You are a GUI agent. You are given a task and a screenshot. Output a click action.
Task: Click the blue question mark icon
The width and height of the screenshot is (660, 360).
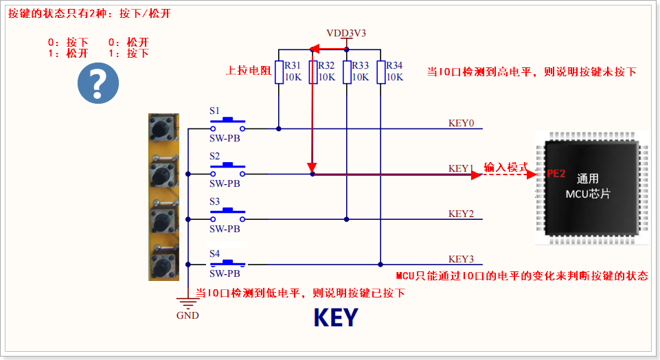[x=98, y=85]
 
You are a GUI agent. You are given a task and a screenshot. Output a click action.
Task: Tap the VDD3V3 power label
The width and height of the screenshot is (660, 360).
[x=347, y=33]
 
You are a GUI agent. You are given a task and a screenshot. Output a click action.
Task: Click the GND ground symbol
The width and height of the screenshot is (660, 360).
[x=187, y=303]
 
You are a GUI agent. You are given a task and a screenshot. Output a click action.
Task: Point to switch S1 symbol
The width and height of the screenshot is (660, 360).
[x=227, y=125]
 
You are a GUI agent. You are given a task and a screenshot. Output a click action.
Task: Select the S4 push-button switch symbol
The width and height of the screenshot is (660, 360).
[x=227, y=262]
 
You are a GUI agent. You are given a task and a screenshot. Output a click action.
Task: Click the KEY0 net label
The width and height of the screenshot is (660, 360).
[x=461, y=124]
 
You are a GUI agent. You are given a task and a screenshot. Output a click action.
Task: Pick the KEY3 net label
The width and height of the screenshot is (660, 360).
[x=461, y=259]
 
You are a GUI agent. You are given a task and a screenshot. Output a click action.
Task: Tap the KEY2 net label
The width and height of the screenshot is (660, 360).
[x=461, y=214]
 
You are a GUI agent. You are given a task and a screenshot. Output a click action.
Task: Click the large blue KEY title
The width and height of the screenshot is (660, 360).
[x=336, y=317]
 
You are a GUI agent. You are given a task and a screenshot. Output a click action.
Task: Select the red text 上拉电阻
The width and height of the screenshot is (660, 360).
[x=249, y=71]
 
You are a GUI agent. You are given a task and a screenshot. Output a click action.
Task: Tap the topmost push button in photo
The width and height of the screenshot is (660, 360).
[x=163, y=129]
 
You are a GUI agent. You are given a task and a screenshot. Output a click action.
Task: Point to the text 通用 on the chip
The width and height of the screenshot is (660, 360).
[x=588, y=178]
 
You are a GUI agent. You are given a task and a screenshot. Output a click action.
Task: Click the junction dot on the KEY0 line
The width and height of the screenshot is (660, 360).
[x=279, y=128]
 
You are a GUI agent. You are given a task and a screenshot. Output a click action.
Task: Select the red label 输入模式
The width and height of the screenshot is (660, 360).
[x=505, y=168]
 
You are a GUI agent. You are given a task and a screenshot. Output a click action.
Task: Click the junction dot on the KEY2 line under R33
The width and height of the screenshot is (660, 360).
[x=347, y=219]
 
